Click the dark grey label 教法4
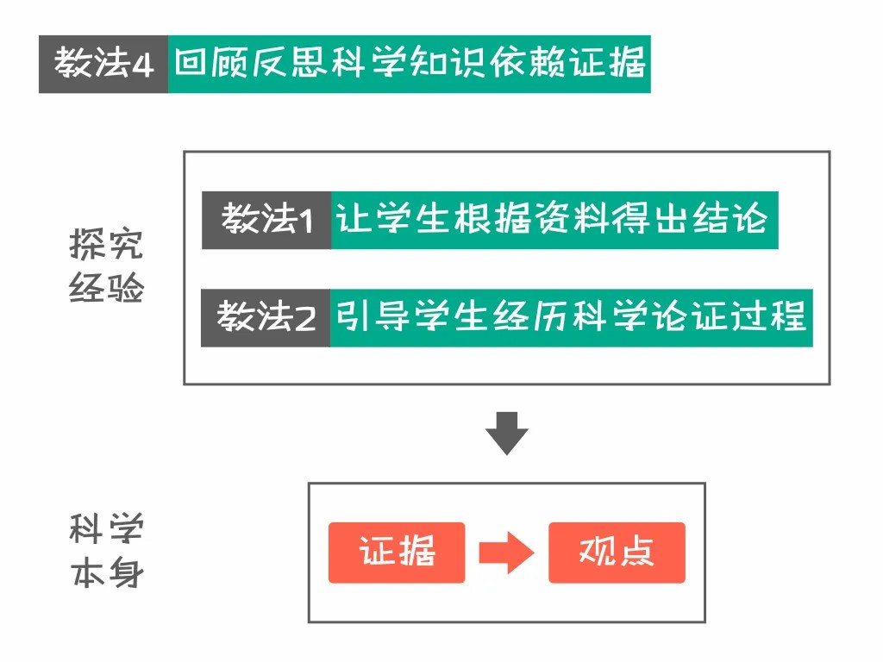103,65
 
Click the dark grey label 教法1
266,221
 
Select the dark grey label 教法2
266,318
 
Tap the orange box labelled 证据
397,553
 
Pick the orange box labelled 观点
617,553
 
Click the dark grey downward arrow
506,434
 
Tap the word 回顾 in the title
211,65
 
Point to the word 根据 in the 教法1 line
500,221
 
